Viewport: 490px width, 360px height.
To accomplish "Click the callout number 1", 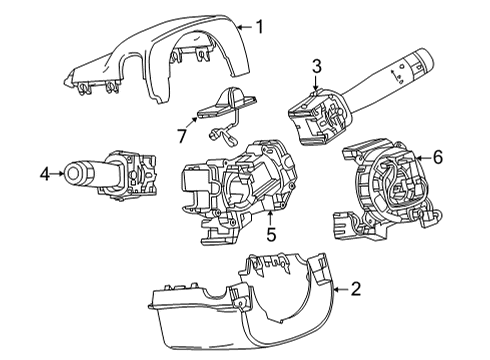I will click(x=260, y=27).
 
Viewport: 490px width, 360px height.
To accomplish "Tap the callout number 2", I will click(x=355, y=289).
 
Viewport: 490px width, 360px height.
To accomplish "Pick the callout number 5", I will click(x=270, y=236).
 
